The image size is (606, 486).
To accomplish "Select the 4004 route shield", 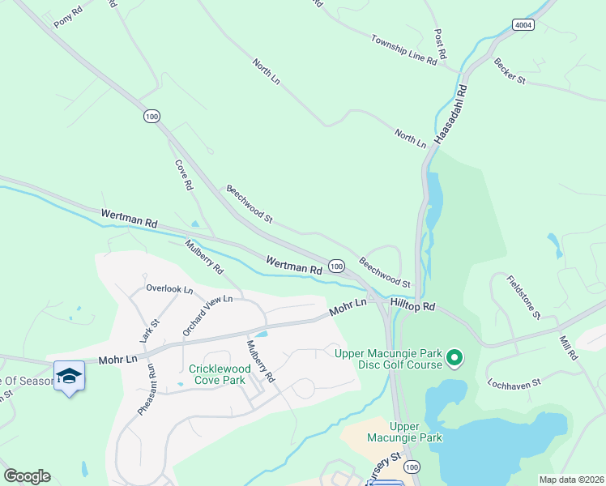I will pyautogui.click(x=523, y=25).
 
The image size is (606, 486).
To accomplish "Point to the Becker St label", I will pyautogui.click(x=510, y=70).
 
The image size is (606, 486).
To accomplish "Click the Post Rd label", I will pyautogui.click(x=441, y=47).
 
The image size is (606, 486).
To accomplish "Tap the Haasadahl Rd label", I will pyautogui.click(x=451, y=114).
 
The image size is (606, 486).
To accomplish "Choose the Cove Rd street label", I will pyautogui.click(x=184, y=175).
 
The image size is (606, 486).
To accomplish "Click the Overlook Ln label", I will pyautogui.click(x=169, y=288).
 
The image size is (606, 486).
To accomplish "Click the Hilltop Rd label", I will pyautogui.click(x=412, y=307).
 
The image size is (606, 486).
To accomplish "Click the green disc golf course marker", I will pyautogui.click(x=454, y=356).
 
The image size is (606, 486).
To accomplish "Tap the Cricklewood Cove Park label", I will pyautogui.click(x=216, y=374).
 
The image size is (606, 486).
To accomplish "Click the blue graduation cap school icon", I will pyautogui.click(x=70, y=376).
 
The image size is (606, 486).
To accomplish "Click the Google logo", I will pyautogui.click(x=27, y=476).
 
